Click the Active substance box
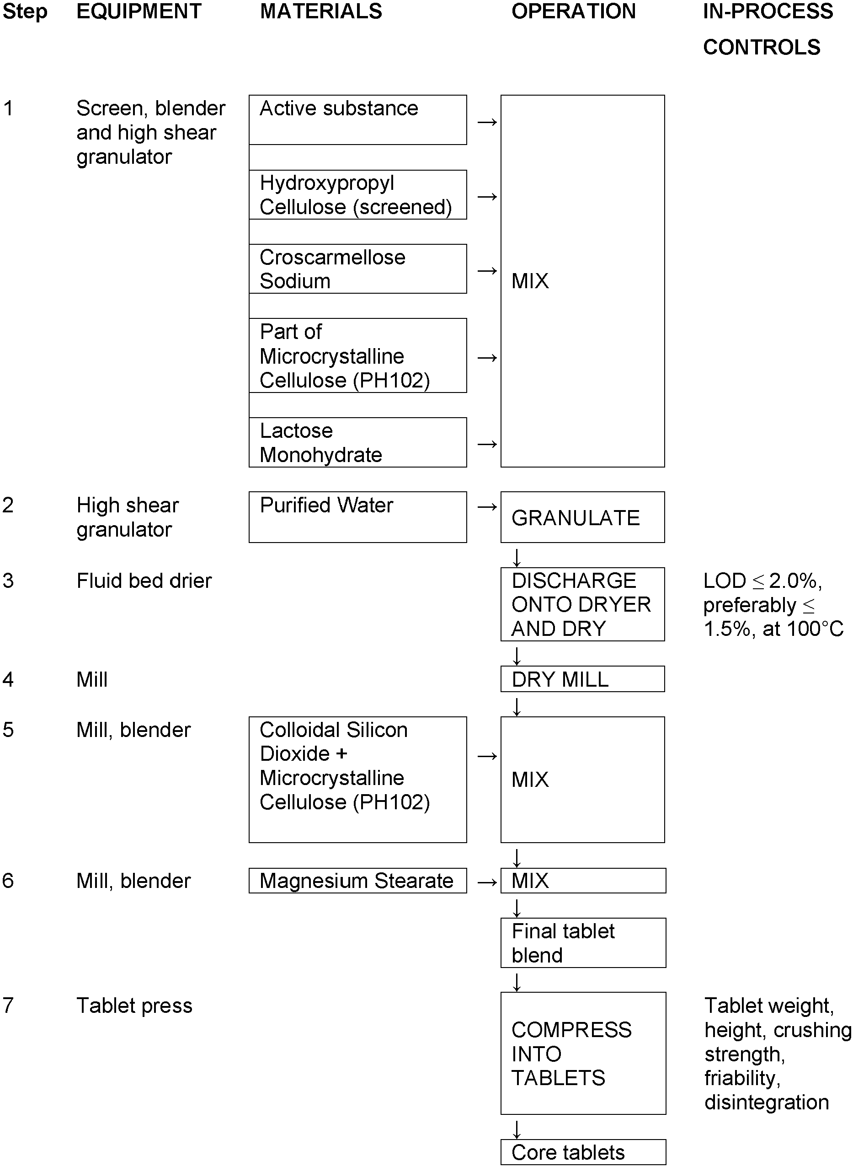tap(357, 119)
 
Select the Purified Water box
tap(357, 516)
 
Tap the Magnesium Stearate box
tap(357, 880)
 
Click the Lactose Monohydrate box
tap(357, 442)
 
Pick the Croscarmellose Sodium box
tap(357, 269)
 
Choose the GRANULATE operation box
tap(582, 516)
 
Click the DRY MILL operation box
tap(582, 679)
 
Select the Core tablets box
tap(582, 1152)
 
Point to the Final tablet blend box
tap(582, 943)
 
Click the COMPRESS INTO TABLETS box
tap(582, 1054)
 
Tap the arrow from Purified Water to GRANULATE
tap(487, 507)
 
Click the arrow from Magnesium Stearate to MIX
tap(487, 882)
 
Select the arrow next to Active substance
tap(487, 123)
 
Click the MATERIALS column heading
tap(320, 11)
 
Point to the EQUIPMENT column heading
tap(139, 11)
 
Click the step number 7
tap(8, 1006)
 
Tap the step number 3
tap(8, 581)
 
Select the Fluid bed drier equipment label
tap(144, 581)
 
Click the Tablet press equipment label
tap(134, 1006)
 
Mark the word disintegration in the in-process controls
tap(766, 1102)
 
